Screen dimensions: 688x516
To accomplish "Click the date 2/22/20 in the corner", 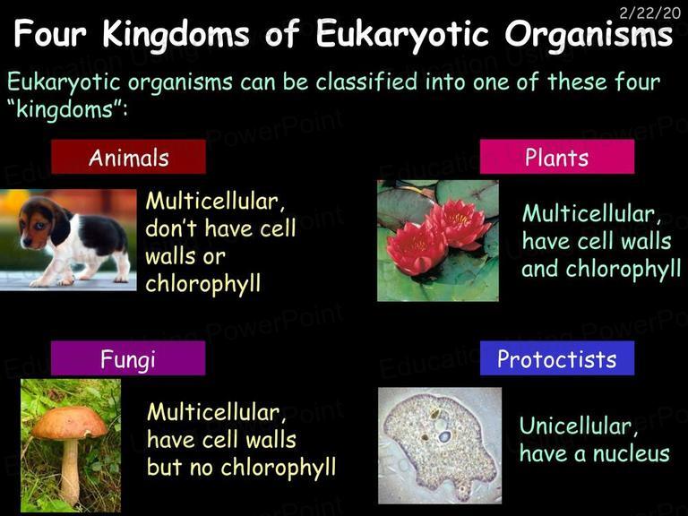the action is pyautogui.click(x=649, y=13).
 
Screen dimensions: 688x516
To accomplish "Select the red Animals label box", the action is pyautogui.click(x=128, y=157).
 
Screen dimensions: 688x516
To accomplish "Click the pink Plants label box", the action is pyautogui.click(x=557, y=157).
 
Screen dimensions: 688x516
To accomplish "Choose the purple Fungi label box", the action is pyautogui.click(x=128, y=358).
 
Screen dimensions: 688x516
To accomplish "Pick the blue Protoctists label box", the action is pyautogui.click(x=557, y=358).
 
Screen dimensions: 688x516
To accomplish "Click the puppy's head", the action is pyautogui.click(x=40, y=222).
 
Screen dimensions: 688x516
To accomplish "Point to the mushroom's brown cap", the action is pyautogui.click(x=69, y=423).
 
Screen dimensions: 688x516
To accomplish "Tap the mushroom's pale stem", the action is pyautogui.click(x=70, y=471).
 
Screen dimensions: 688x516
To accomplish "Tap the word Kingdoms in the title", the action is pyautogui.click(x=176, y=34).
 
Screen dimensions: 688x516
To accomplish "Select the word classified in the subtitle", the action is pyautogui.click(x=366, y=82).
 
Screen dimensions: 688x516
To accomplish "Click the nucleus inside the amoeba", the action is pyautogui.click(x=444, y=436).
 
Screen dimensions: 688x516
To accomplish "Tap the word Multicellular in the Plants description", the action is pyautogui.click(x=591, y=214).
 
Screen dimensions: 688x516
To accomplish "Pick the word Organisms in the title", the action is pyautogui.click(x=589, y=34).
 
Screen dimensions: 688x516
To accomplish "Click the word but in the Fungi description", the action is pyautogui.click(x=164, y=467).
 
